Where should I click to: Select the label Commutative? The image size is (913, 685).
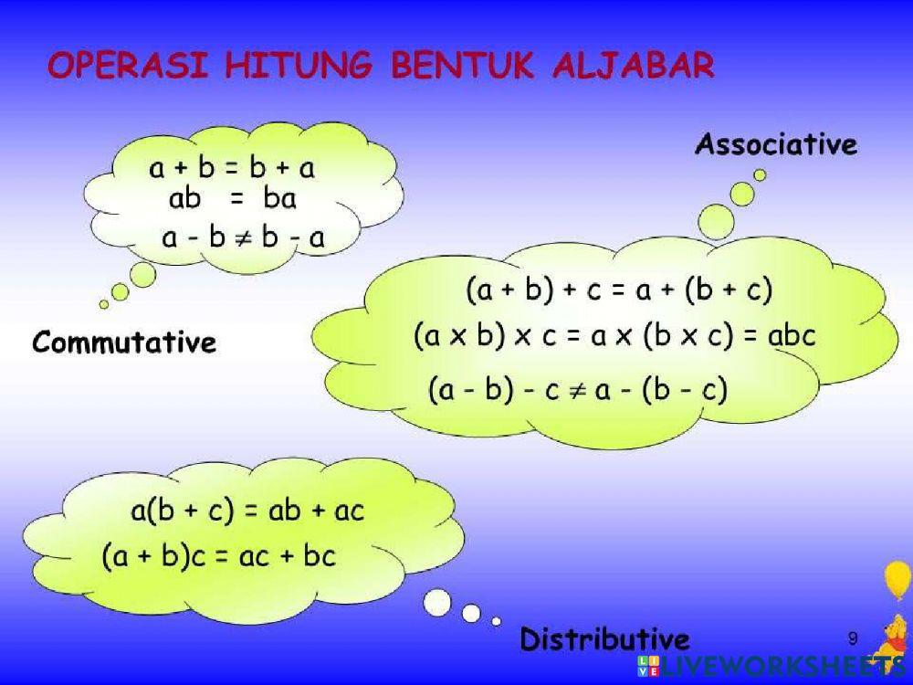pyautogui.click(x=124, y=343)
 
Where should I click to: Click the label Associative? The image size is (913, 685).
pyautogui.click(x=776, y=144)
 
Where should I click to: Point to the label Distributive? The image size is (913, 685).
pyautogui.click(x=604, y=638)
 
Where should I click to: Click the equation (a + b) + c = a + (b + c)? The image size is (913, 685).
pyautogui.click(x=619, y=291)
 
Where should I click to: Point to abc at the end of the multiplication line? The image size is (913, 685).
pyautogui.click(x=791, y=336)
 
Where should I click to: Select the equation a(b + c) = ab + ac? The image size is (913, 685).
pyautogui.click(x=247, y=511)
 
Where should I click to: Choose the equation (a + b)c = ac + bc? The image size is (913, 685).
pyautogui.click(x=219, y=555)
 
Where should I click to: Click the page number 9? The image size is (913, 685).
pyautogui.click(x=853, y=637)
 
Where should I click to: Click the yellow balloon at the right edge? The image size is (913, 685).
pyautogui.click(x=897, y=581)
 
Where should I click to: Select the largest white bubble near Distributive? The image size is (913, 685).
pyautogui.click(x=438, y=602)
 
